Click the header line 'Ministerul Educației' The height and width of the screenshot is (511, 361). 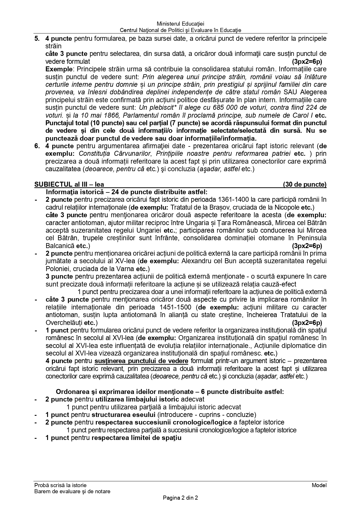coord(180,24)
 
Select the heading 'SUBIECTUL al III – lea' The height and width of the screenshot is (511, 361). coord(69,184)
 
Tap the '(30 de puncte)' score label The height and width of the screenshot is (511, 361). coord(305,184)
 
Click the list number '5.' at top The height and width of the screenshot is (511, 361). coord(37,38)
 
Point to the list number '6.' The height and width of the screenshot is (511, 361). coord(37,146)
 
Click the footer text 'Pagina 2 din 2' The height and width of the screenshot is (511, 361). coord(180,498)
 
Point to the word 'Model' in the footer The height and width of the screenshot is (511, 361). coord(319,485)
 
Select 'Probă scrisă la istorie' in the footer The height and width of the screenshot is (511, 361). coord(60,485)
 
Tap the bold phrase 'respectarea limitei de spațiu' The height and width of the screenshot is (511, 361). coord(136,438)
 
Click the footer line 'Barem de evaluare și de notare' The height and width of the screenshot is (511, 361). coord(72,491)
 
